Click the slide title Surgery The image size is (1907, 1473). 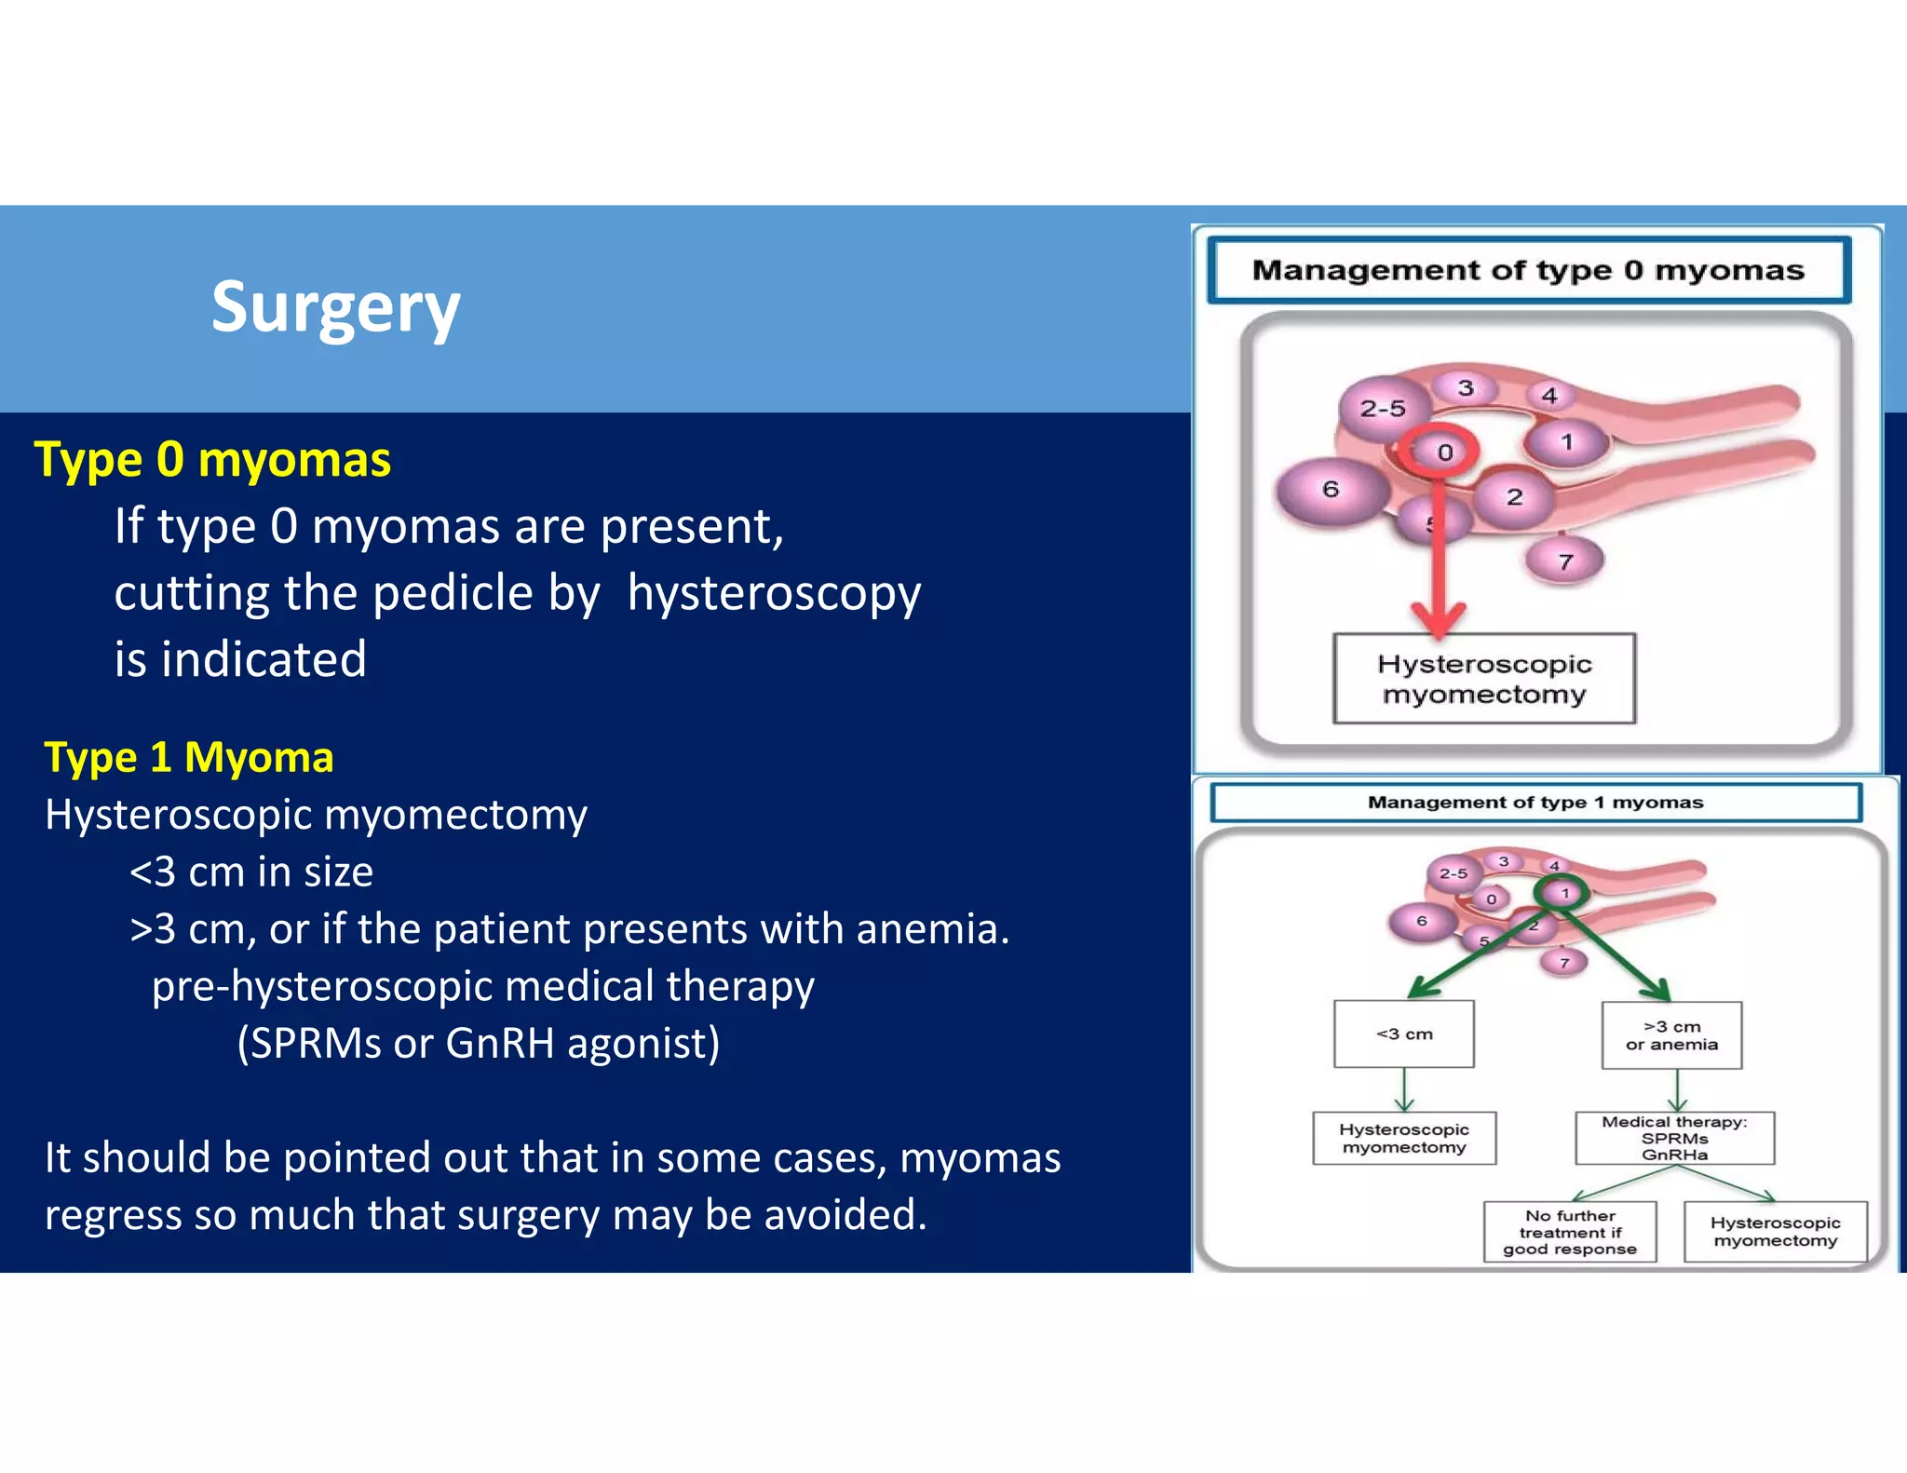335,308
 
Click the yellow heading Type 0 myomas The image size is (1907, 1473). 212,460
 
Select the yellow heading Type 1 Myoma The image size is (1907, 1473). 189,757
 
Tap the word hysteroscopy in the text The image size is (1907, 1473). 774,593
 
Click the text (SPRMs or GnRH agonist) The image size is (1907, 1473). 479,1043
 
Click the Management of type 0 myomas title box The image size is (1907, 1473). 1528,270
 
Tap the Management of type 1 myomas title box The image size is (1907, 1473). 1535,803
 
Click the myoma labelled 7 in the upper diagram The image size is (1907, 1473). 1565,561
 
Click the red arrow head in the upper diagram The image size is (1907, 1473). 1439,619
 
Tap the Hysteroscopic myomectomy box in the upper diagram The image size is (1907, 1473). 1484,679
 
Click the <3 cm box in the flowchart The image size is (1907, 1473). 1403,1034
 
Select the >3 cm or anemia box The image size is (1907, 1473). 1671,1035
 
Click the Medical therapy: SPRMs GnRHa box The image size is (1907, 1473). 1674,1138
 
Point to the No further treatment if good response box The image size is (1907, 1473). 1570,1232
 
